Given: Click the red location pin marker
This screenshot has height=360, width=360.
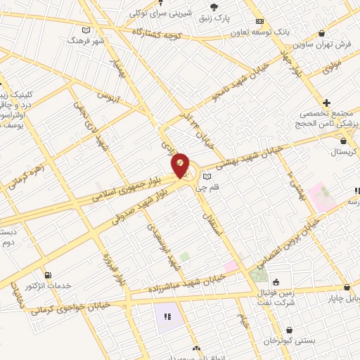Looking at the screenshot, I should [x=181, y=165].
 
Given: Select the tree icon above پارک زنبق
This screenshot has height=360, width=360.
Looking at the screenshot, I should [x=214, y=7].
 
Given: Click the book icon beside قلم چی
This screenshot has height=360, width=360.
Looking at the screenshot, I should [x=206, y=176].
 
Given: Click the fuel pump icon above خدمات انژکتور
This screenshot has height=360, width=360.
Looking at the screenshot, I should [x=47, y=275].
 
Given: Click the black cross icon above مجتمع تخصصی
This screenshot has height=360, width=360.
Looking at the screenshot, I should [x=326, y=102].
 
